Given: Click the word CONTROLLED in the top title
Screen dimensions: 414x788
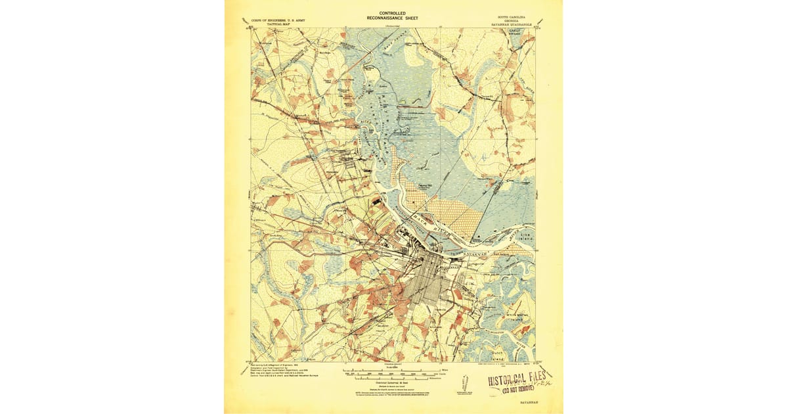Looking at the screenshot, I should [393, 13].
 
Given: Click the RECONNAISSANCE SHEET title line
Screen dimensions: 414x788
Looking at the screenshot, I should [393, 19].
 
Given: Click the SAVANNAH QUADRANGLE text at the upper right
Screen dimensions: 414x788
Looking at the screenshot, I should [512, 26].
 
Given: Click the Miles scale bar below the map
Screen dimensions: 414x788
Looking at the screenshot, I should [387, 371].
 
